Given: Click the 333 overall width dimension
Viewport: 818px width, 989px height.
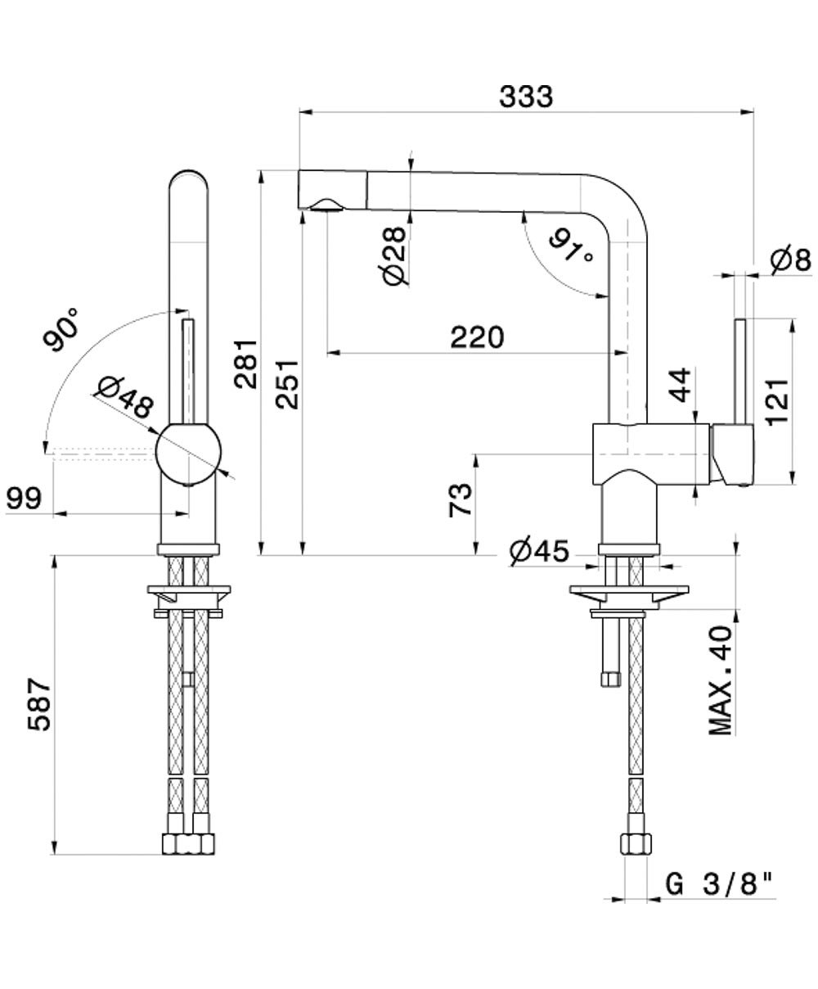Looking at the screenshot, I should (x=526, y=97).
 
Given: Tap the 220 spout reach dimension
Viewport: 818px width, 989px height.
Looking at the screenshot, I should (x=477, y=336).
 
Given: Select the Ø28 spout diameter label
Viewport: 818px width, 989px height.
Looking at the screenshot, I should (x=393, y=255).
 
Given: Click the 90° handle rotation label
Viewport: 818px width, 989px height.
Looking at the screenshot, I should (x=63, y=330).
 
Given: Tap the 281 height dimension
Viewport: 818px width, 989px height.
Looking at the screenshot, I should (x=245, y=363).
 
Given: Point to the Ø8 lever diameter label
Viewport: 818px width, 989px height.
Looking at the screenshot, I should (x=790, y=260).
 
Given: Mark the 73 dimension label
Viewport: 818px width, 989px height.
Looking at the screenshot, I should (x=461, y=499).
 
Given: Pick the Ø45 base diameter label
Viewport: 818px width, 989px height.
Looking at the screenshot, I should (x=538, y=552).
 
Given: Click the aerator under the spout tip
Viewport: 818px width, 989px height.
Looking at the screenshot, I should (x=326, y=206).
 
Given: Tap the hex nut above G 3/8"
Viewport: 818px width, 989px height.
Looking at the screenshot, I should (x=636, y=842).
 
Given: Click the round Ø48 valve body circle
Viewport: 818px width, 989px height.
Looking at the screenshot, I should (x=188, y=454).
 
